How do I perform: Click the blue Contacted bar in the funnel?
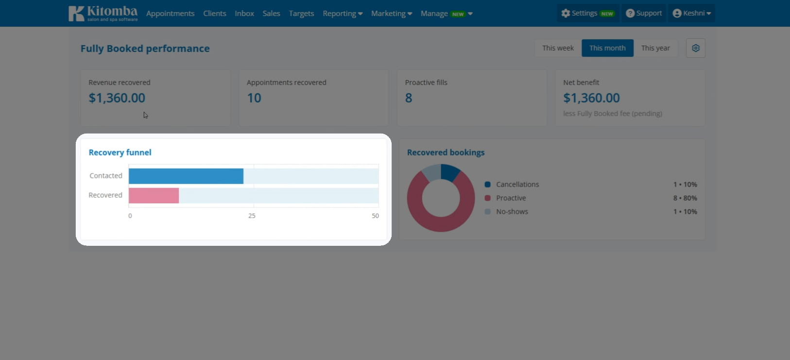(x=186, y=176)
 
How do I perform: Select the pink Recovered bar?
(x=154, y=196)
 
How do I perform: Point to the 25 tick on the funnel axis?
(x=252, y=216)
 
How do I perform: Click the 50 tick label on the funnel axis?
(x=375, y=216)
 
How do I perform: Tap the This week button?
(x=558, y=48)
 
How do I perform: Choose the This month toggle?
(x=607, y=48)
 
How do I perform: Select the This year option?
(x=655, y=48)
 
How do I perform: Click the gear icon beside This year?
(x=695, y=48)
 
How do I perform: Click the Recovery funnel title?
(x=120, y=153)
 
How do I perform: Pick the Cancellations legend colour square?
(x=487, y=185)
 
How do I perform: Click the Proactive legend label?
(x=511, y=198)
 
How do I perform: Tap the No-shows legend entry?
(x=512, y=211)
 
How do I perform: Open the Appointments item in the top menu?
(x=171, y=14)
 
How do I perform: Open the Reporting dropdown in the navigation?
(x=343, y=14)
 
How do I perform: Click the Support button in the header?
(x=644, y=14)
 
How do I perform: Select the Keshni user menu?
(x=691, y=14)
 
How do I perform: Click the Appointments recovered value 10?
(x=254, y=98)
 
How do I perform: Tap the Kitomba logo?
(x=103, y=14)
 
